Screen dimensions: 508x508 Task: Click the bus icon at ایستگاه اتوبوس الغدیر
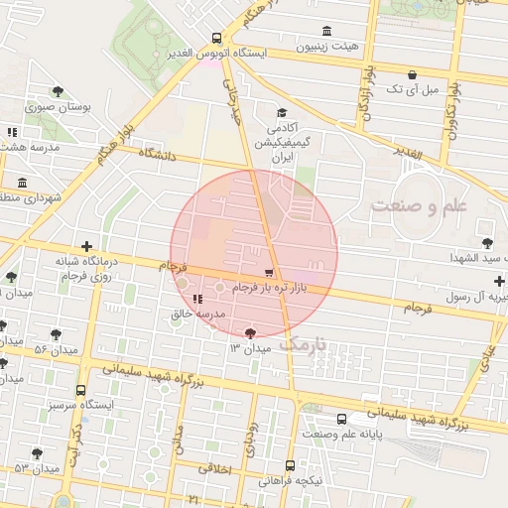tap(216, 39)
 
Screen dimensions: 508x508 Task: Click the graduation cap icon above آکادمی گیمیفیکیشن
tap(281, 113)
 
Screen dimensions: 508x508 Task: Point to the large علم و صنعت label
tap(418, 205)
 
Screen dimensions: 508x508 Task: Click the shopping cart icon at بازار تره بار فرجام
tap(269, 273)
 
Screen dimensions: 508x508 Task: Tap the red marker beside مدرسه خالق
tap(197, 299)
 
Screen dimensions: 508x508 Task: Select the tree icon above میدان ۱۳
tap(250, 333)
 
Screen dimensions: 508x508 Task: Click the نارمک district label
tap(304, 344)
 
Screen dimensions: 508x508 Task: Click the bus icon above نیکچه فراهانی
tap(291, 464)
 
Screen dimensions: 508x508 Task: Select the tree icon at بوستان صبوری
tap(64, 87)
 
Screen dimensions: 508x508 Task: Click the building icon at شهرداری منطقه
tap(22, 183)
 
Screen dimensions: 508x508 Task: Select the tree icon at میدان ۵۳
tap(37, 453)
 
